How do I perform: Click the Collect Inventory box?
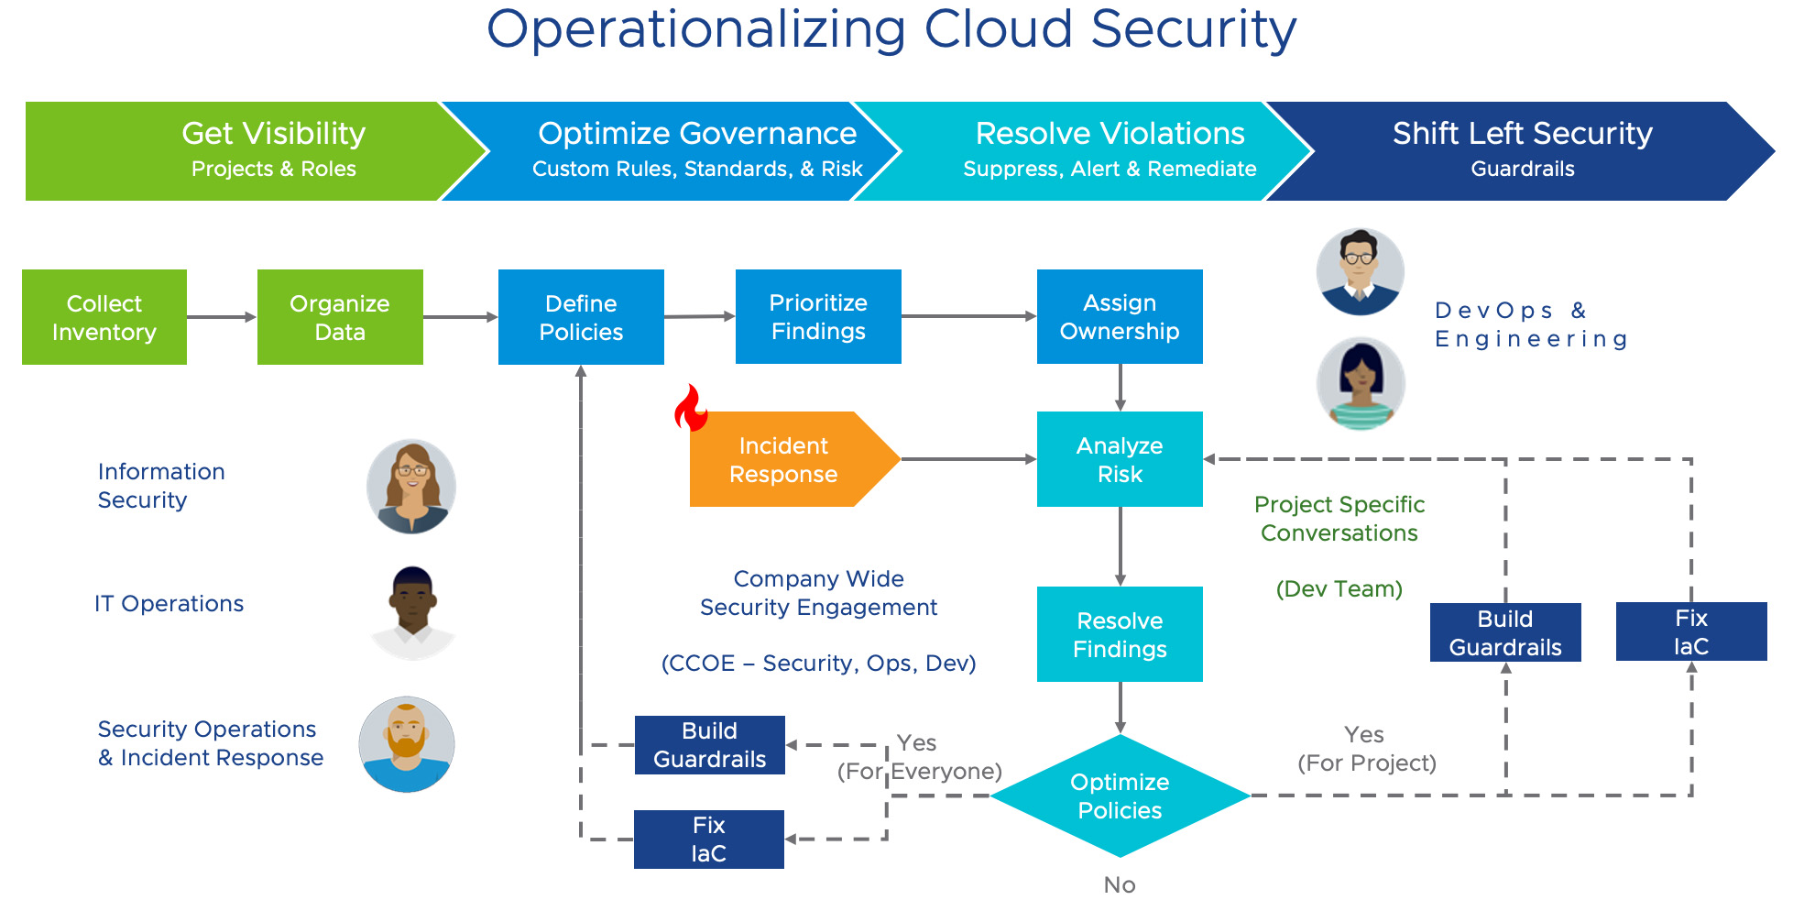pos(104,317)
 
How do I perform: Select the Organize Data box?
pos(340,317)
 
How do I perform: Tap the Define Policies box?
pos(581,317)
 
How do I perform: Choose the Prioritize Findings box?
pos(818,316)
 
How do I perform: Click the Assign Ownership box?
pos(1120,316)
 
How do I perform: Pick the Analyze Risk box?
pos(1120,459)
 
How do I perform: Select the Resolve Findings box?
pos(1120,634)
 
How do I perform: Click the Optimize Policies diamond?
pos(1120,796)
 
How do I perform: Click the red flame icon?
pos(692,408)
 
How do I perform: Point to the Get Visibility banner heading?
pos(274,134)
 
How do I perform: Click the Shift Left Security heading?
pos(1523,134)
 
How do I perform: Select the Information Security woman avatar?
pos(411,487)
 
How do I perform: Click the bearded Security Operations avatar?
pos(407,744)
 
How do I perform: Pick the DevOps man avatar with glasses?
pos(1361,272)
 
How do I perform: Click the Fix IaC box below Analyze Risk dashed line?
pos(1691,631)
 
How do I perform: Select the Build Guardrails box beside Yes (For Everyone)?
pos(710,745)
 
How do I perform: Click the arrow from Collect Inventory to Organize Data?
pos(222,317)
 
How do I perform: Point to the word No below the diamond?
pos(1120,884)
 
